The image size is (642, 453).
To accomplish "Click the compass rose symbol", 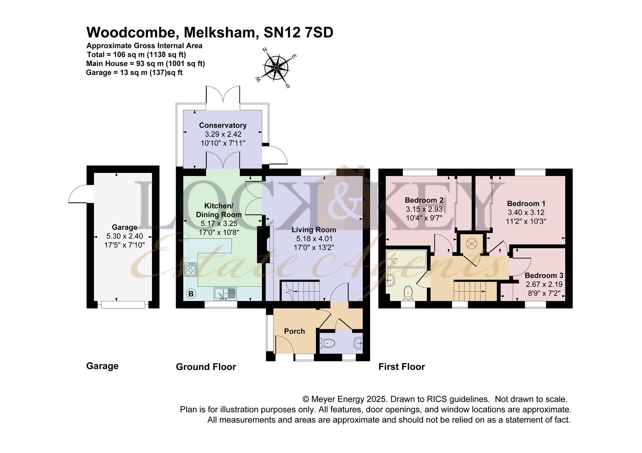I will (276, 68).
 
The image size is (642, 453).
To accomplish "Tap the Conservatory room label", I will (223, 125).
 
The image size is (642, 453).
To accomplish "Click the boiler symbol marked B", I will (191, 294).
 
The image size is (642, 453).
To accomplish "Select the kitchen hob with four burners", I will (190, 269).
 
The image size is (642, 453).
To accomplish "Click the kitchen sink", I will (226, 294).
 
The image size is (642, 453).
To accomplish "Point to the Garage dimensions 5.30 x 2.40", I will (124, 236).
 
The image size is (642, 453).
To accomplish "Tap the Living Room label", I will (314, 229).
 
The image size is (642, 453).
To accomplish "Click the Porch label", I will (294, 331).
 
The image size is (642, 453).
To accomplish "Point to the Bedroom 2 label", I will (424, 200).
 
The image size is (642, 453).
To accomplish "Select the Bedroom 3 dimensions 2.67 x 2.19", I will (544, 284).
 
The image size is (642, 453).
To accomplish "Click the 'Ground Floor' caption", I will (206, 367).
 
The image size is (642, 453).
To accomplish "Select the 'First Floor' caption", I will (401, 367).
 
